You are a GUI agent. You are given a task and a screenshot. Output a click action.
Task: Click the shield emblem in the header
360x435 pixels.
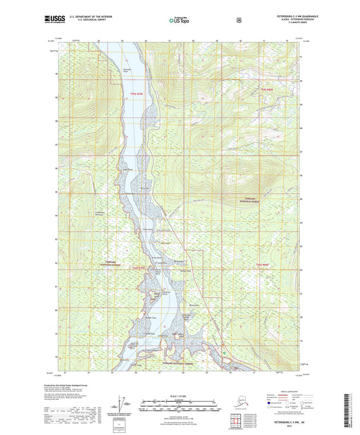(238, 20)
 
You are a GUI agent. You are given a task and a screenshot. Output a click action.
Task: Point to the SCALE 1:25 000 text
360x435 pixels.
(179, 395)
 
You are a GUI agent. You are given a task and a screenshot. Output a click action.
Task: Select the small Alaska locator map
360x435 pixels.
(234, 406)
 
